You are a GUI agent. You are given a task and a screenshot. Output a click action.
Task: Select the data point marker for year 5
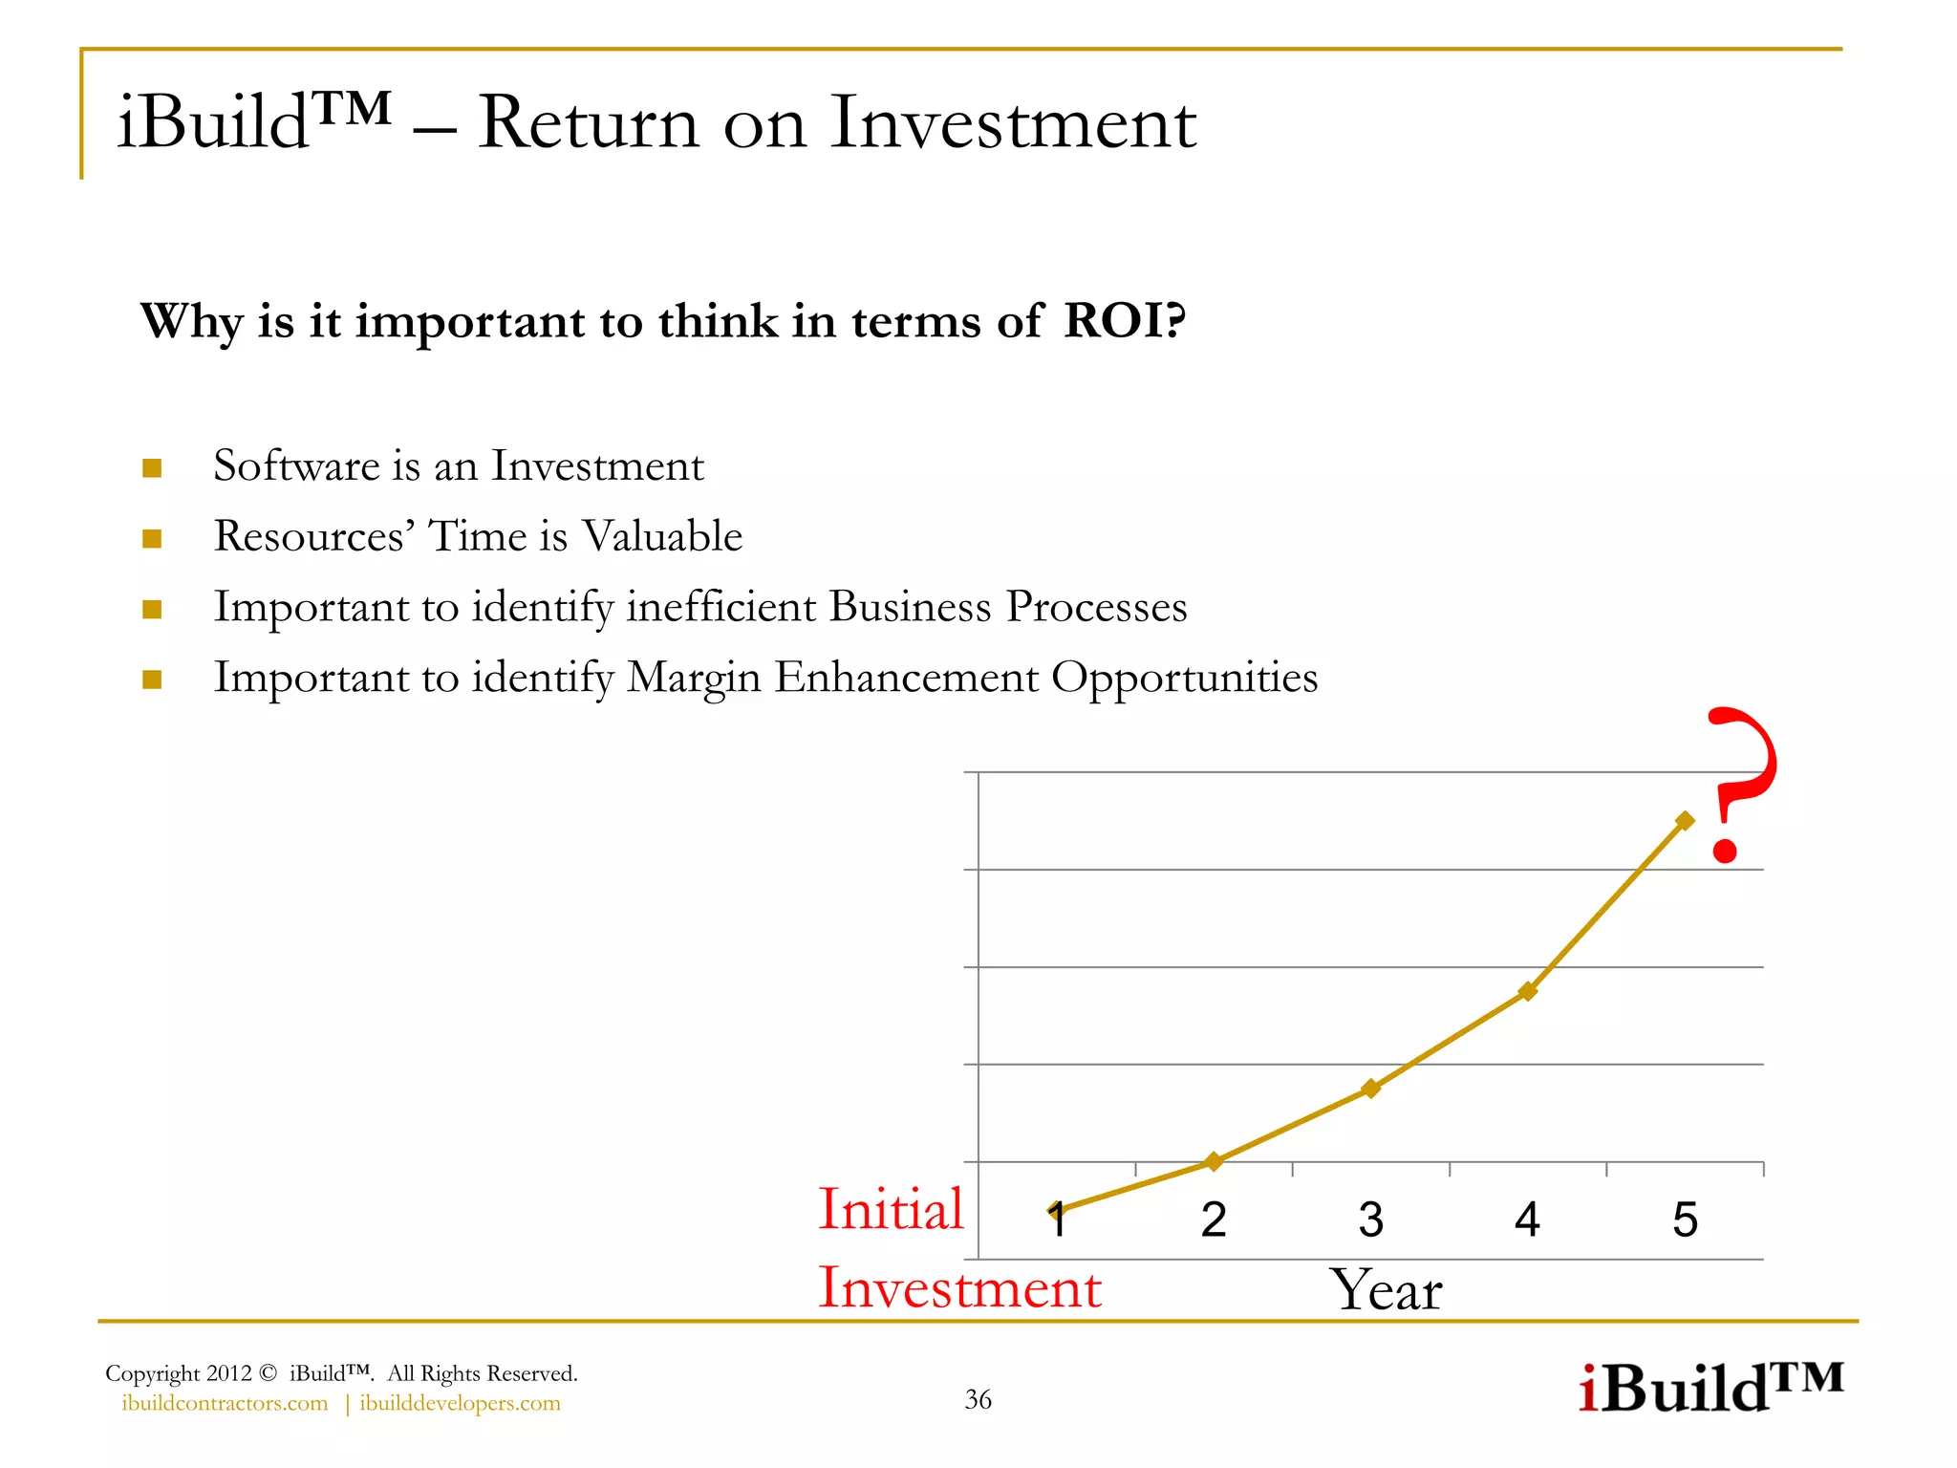(x=1685, y=821)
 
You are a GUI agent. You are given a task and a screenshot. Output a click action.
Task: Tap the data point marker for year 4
(x=1528, y=991)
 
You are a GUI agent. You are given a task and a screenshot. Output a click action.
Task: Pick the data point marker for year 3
(x=1371, y=1089)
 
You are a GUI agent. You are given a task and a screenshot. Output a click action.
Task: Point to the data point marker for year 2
(x=1214, y=1161)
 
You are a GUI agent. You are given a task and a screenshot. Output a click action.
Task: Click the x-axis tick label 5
(x=1685, y=1220)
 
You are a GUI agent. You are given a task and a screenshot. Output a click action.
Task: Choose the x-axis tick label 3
(x=1371, y=1220)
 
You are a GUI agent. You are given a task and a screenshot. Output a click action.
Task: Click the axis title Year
(x=1386, y=1290)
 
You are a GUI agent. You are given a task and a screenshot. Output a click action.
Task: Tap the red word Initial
(x=891, y=1209)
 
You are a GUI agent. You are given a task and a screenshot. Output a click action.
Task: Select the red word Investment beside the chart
(x=959, y=1287)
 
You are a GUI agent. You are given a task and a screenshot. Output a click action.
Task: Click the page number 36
(x=978, y=1399)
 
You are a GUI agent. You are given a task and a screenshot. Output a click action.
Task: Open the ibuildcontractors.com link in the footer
(x=225, y=1403)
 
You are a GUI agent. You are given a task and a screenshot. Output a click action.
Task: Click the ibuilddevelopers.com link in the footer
(x=460, y=1403)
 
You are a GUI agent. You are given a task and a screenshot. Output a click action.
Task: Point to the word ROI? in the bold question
(x=1125, y=320)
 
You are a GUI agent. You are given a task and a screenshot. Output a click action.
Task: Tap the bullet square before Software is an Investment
(x=152, y=467)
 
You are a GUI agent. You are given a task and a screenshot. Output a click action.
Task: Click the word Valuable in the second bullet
(x=662, y=536)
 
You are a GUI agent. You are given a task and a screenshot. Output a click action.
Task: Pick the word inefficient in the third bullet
(x=721, y=607)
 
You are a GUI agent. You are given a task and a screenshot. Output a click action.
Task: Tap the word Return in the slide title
(x=588, y=123)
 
